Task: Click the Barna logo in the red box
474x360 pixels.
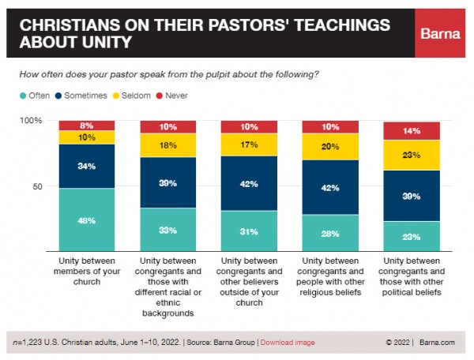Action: click(439, 34)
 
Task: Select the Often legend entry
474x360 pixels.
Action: click(35, 96)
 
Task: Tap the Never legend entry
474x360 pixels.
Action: click(180, 96)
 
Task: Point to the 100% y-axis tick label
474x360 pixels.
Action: click(31, 120)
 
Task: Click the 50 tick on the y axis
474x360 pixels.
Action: click(36, 186)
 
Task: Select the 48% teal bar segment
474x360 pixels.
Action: click(86, 219)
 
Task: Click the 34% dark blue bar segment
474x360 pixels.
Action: click(86, 166)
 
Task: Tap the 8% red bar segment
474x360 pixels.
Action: click(86, 125)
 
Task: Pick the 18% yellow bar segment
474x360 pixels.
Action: click(167, 145)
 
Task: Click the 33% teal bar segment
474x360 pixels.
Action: click(167, 230)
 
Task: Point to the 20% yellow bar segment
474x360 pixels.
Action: click(330, 146)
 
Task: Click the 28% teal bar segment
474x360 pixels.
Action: click(330, 233)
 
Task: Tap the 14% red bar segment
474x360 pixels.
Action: click(411, 130)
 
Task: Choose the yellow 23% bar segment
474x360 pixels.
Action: click(411, 156)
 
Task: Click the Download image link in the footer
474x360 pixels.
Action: click(288, 343)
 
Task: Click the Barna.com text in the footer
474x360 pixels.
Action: click(437, 343)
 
